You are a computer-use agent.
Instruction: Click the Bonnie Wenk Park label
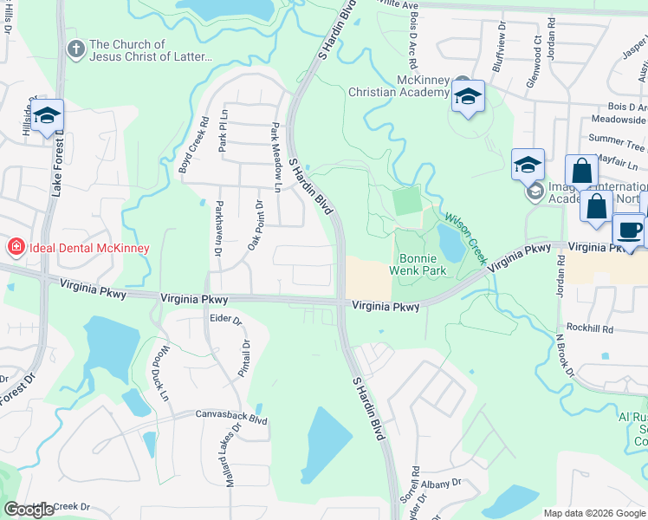pyautogui.click(x=423, y=264)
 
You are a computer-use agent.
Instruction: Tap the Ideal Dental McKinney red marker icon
pyautogui.click(x=15, y=248)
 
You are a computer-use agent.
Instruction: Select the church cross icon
pyautogui.click(x=76, y=50)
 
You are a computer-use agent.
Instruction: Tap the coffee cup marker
pyautogui.click(x=628, y=230)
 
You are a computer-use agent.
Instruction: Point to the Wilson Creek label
pyautogui.click(x=467, y=239)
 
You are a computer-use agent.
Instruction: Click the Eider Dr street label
pyautogui.click(x=224, y=319)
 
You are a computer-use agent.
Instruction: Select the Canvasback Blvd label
pyautogui.click(x=230, y=415)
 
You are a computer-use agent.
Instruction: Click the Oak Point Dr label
pyautogui.click(x=256, y=224)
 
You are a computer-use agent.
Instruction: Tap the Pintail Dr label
pyautogui.click(x=244, y=358)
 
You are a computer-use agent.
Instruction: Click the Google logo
pyautogui.click(x=29, y=510)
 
